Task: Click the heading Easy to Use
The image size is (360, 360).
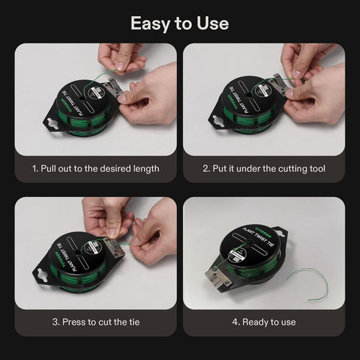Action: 180,24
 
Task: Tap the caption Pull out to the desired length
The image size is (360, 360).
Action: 100,169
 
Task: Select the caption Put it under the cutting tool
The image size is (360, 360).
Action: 269,169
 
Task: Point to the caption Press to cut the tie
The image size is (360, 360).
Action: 101,322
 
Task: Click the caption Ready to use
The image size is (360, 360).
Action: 269,323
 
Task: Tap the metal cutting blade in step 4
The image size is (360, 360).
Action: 218,278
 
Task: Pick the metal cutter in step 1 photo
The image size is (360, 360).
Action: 113,90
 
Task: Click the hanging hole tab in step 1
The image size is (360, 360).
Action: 52,123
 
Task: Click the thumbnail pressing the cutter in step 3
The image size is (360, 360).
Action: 113,233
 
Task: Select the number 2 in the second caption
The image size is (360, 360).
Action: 206,169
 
